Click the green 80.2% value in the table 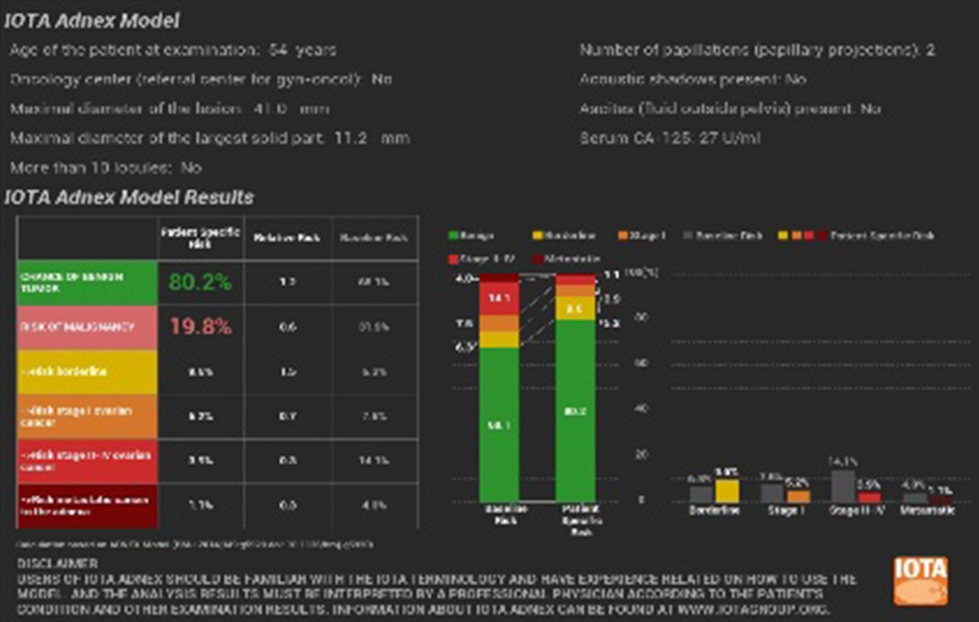coord(200,282)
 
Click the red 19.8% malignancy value coord(200,327)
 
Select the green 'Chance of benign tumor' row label coord(86,282)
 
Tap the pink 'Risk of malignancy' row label coord(86,327)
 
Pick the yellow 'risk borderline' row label coord(86,372)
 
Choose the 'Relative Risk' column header coord(287,237)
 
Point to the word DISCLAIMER coord(57,563)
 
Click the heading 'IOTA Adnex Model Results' coord(129,197)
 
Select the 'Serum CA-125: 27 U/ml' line coord(669,138)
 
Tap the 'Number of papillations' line coord(757,51)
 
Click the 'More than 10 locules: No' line coord(106,168)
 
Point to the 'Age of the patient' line coord(172,51)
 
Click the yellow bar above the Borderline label coord(726,491)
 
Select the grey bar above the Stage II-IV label coord(843,486)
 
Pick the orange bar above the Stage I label coord(798,496)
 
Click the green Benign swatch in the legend coord(453,236)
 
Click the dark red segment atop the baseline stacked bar coord(499,278)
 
